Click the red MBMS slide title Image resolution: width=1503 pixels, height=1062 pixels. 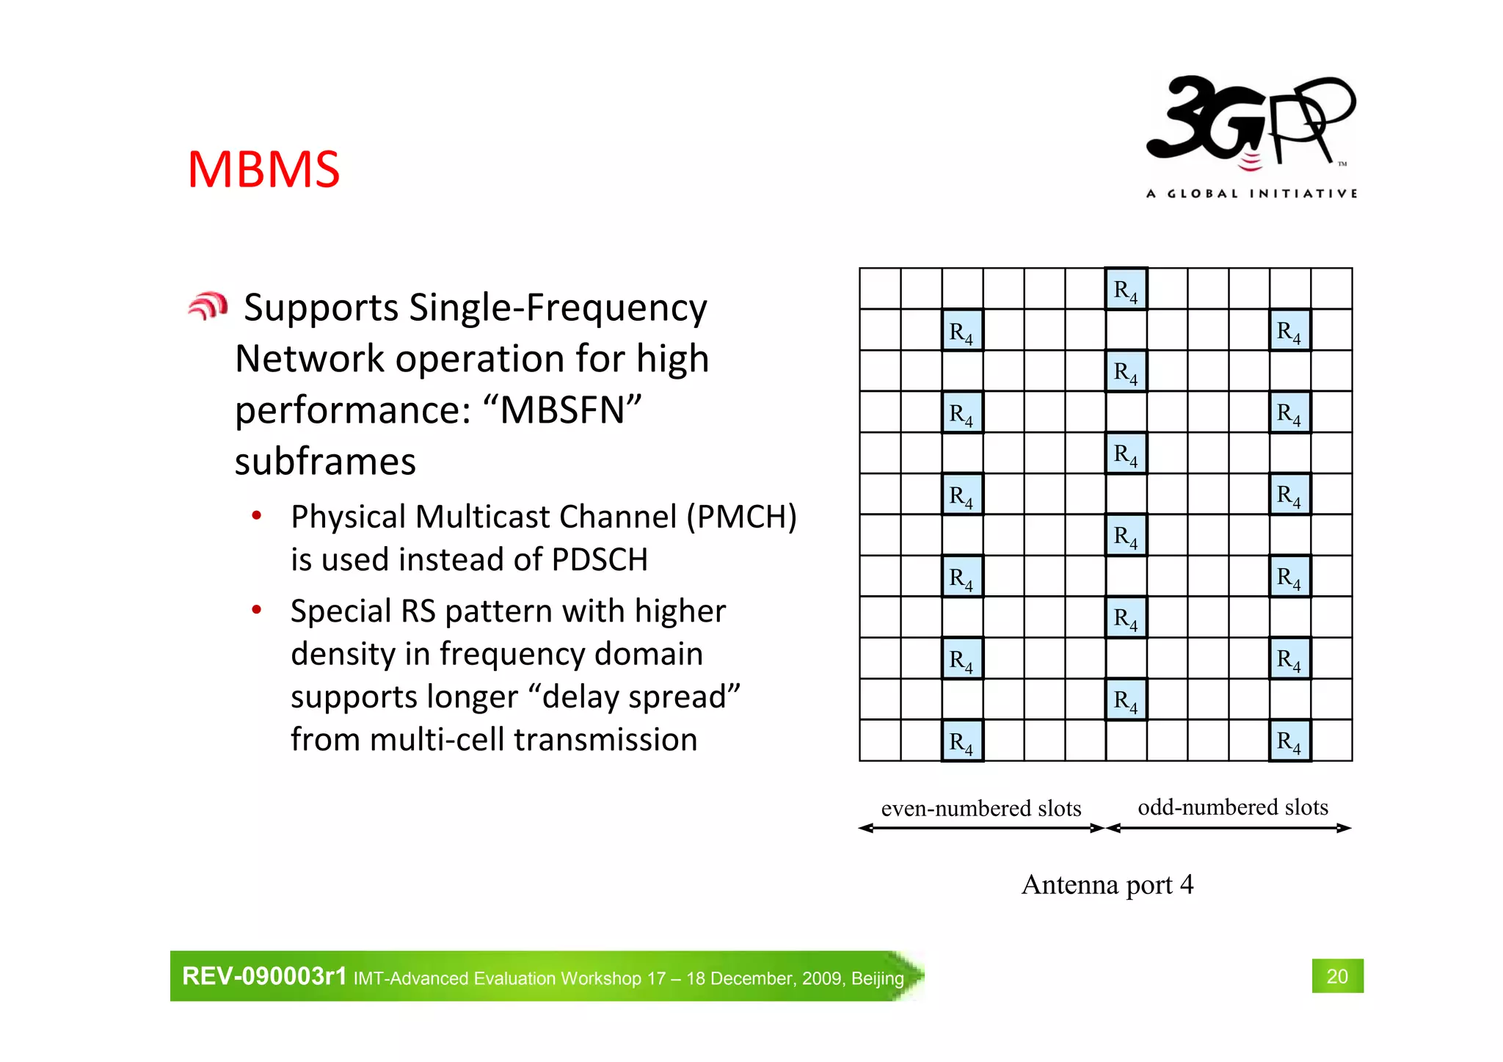(263, 170)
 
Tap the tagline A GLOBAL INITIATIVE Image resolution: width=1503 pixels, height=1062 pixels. (1251, 194)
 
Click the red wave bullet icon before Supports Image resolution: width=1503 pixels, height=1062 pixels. (208, 306)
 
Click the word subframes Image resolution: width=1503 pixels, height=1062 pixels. (325, 462)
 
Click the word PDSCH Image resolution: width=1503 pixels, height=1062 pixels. (600, 560)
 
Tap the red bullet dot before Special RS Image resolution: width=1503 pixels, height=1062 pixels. (256, 610)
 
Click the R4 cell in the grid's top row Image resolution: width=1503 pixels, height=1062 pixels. (1126, 289)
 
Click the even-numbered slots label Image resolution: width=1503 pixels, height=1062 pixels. (981, 809)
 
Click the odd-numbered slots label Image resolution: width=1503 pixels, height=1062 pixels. (1233, 807)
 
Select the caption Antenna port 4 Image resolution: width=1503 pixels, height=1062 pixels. (1107, 884)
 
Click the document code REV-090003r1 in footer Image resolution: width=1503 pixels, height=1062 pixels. (264, 976)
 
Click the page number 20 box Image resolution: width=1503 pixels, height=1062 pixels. (1337, 976)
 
